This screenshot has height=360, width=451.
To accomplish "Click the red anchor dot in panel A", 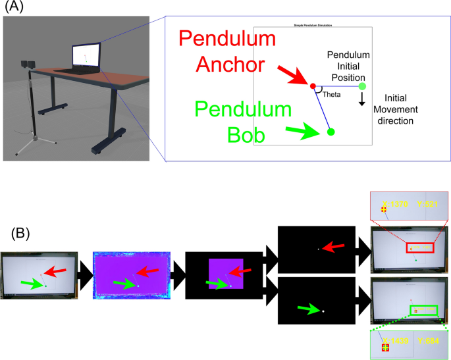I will click(x=313, y=86).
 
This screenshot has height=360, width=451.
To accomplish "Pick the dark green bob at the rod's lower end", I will click(x=331, y=132).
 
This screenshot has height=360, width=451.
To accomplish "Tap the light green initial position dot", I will click(x=361, y=86).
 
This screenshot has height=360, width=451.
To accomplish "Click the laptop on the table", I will click(x=85, y=59).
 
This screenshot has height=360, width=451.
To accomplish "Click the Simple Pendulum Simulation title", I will click(x=313, y=25).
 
